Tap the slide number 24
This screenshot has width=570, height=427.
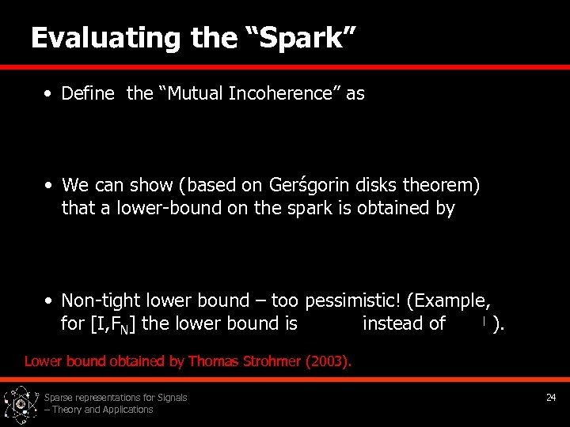pos(551,398)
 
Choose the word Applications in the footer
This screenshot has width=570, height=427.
pos(126,410)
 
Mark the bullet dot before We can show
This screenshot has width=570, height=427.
pos(48,186)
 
